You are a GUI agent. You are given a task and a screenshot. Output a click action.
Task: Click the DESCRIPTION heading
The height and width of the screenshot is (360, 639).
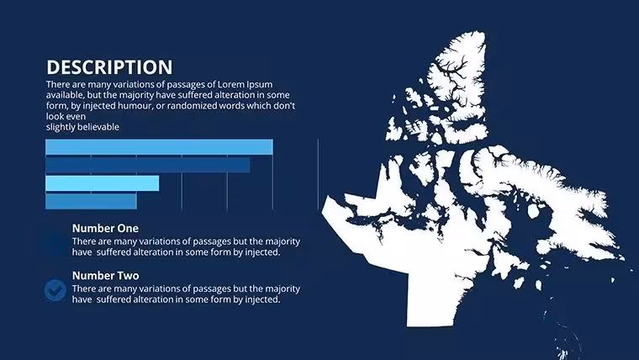pyautogui.click(x=109, y=67)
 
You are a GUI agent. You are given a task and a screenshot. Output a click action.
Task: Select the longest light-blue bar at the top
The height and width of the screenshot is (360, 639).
pyautogui.click(x=159, y=146)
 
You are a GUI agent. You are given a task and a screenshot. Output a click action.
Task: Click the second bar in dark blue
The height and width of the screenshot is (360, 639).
pyautogui.click(x=147, y=165)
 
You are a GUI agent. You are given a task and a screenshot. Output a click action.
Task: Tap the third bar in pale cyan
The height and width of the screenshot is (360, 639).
pyautogui.click(x=102, y=183)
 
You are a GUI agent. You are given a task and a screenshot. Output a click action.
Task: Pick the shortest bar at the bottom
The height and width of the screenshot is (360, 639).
pyautogui.click(x=91, y=201)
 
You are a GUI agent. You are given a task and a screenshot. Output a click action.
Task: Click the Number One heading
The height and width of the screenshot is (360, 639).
pyautogui.click(x=105, y=228)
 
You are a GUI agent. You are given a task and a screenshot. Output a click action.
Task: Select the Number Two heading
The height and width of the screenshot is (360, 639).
pyautogui.click(x=106, y=276)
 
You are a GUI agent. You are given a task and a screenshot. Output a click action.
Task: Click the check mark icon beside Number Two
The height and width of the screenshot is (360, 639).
pyautogui.click(x=55, y=290)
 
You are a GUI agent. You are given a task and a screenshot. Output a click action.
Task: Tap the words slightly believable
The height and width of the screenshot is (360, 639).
pyautogui.click(x=82, y=127)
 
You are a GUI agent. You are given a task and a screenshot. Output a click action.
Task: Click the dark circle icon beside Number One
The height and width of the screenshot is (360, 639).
pyautogui.click(x=55, y=242)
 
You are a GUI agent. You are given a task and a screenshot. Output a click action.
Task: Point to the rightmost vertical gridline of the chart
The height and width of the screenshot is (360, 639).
pyautogui.click(x=318, y=174)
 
